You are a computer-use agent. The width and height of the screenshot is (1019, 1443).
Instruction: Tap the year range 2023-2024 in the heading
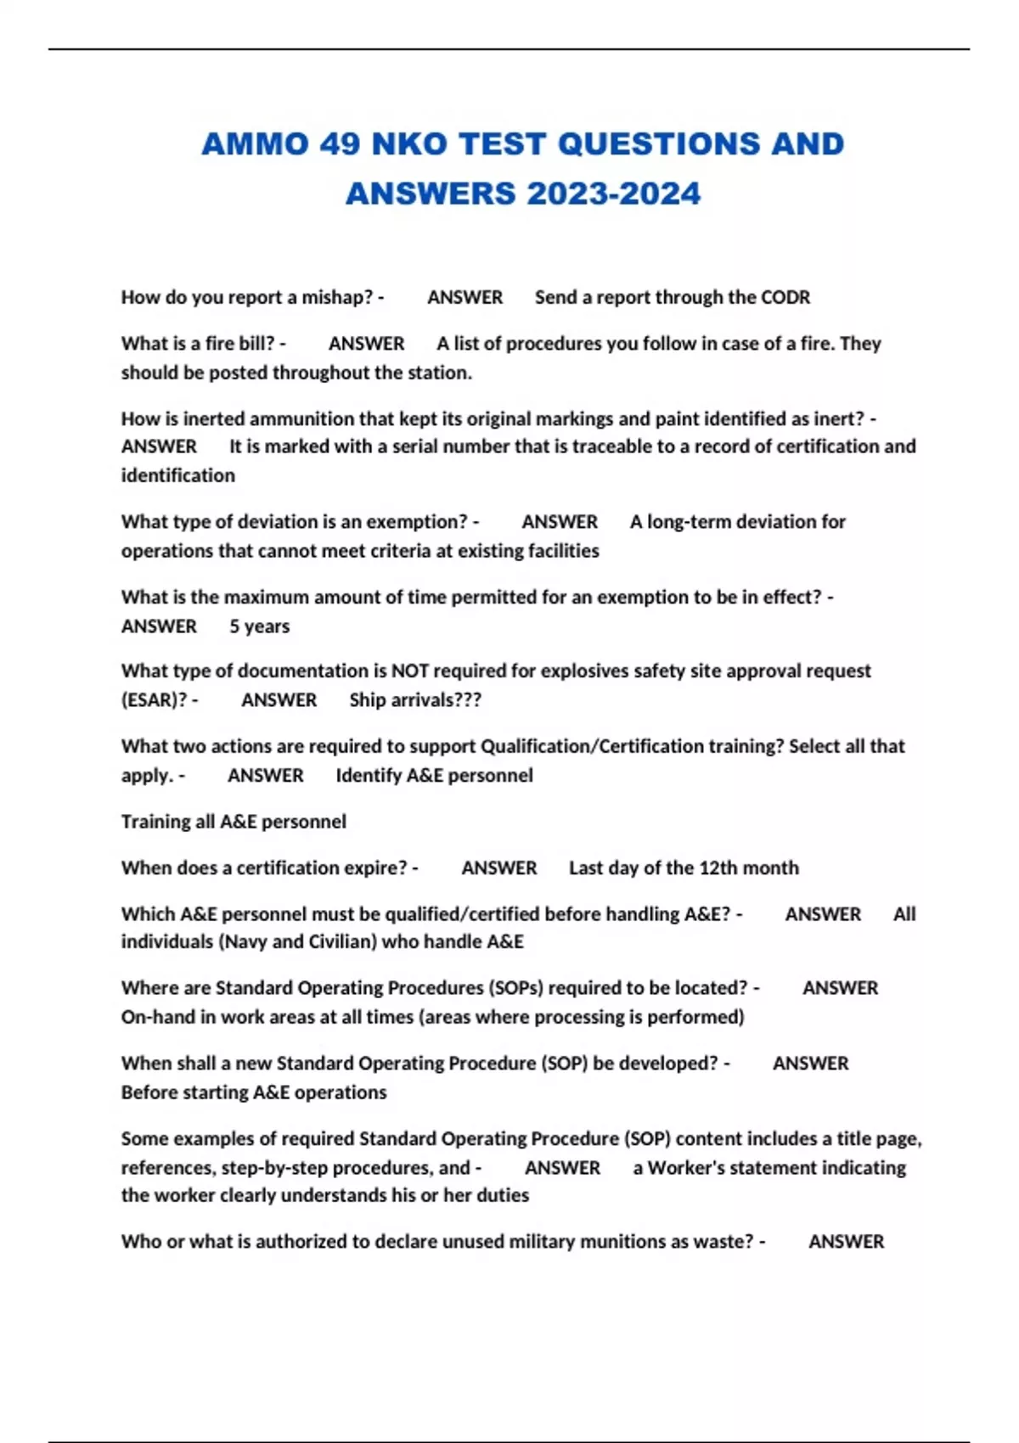[614, 194]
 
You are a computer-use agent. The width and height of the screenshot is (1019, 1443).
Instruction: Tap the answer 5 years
[259, 626]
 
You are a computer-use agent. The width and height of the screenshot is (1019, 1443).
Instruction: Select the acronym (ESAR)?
[154, 700]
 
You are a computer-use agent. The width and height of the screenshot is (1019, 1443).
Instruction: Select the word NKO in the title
[409, 143]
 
